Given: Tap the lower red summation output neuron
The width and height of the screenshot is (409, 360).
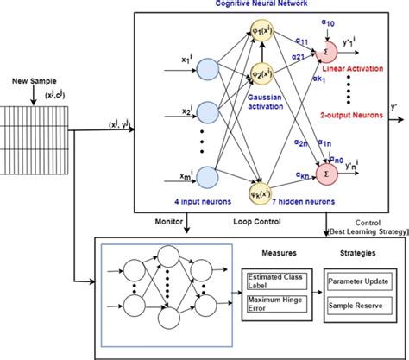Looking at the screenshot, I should [330, 174].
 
